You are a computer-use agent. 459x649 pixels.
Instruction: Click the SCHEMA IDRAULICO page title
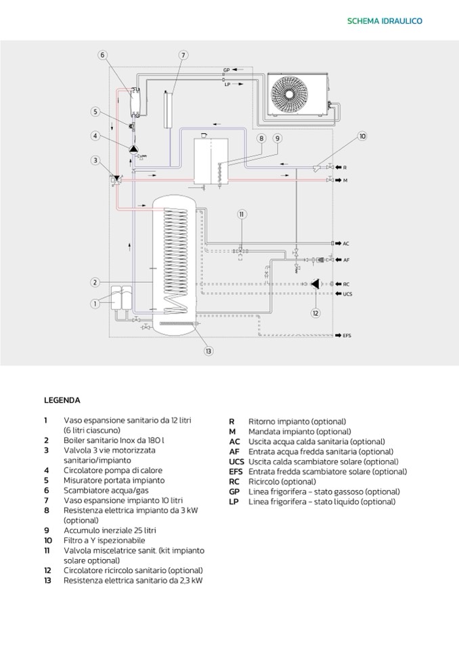point(385,21)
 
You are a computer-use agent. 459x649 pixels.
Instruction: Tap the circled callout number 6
point(102,55)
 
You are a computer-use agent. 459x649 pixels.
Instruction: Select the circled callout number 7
point(183,55)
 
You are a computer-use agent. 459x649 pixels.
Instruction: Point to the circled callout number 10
point(362,137)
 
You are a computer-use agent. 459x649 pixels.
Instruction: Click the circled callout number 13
point(209,351)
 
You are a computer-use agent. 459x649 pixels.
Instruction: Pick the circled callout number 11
point(240,215)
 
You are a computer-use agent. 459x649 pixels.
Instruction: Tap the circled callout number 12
point(315,313)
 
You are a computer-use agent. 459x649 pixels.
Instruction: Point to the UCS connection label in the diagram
point(348,294)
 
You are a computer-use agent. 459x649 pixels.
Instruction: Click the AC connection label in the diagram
point(347,243)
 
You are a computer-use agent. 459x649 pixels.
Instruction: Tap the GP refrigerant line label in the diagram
point(227,70)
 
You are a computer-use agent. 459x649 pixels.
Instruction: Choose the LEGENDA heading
point(62,400)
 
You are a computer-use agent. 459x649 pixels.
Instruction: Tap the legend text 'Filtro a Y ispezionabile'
point(104,541)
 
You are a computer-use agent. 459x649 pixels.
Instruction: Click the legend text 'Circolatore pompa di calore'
point(108,470)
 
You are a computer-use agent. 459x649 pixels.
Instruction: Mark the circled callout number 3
point(96,160)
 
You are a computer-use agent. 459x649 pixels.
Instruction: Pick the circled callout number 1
point(95,304)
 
